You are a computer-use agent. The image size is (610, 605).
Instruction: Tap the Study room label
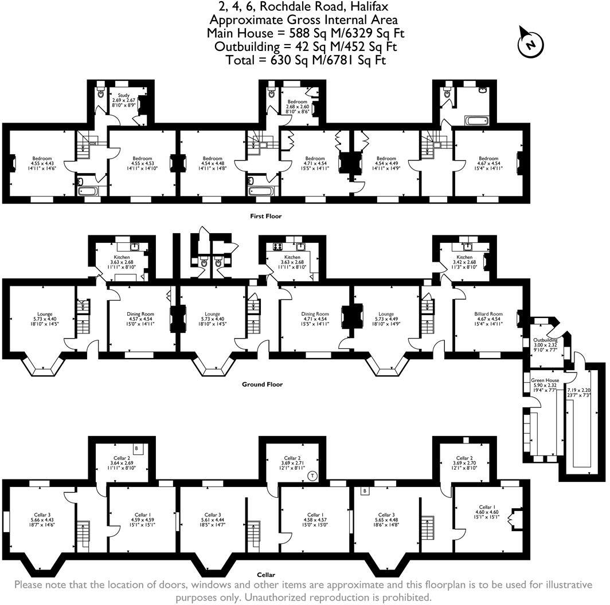(124, 96)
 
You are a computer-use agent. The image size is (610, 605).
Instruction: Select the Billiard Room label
(488, 314)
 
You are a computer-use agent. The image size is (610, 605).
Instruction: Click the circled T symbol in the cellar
(312, 475)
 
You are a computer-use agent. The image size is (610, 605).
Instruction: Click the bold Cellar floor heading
(266, 575)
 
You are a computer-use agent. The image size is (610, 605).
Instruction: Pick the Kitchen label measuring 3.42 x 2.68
(465, 258)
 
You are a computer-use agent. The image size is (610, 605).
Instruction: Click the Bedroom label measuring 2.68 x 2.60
(297, 102)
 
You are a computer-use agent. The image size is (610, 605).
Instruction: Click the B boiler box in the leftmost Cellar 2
(136, 448)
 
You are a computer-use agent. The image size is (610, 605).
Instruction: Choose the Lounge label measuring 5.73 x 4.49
(386, 314)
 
